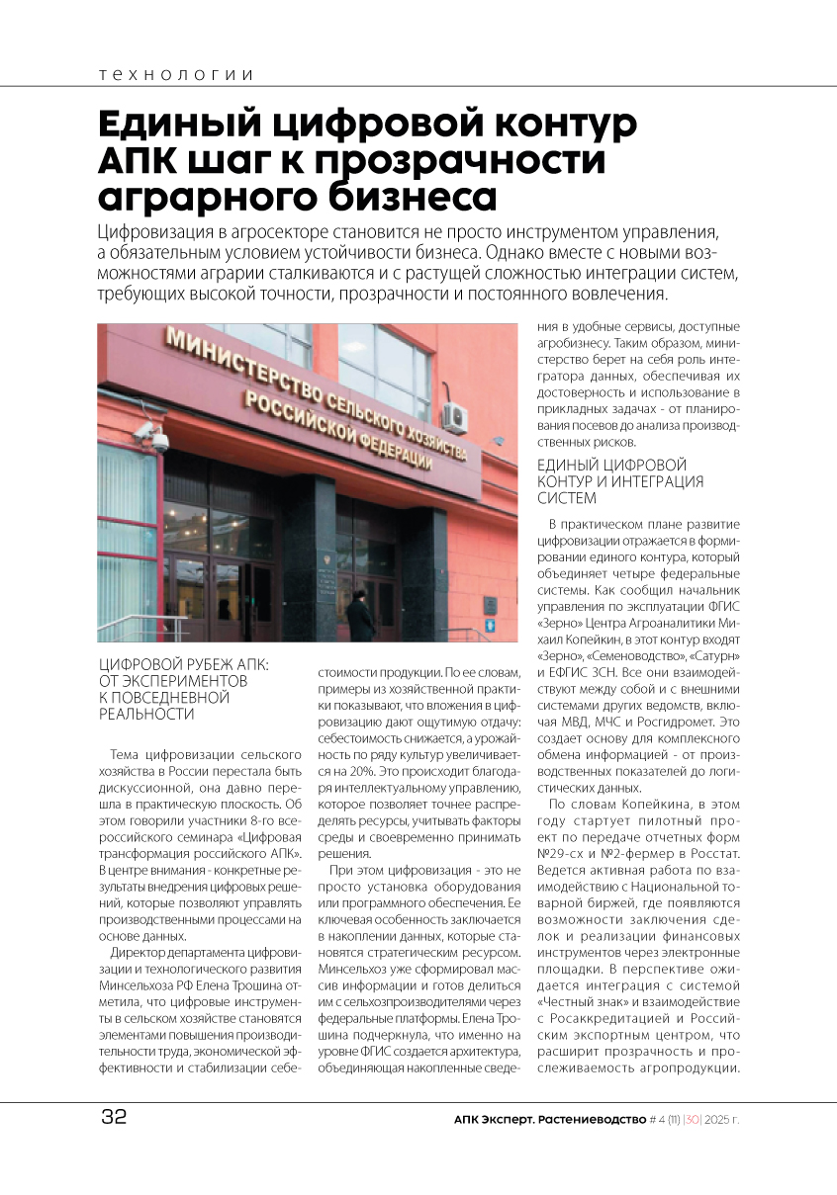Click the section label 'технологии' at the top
(x=176, y=75)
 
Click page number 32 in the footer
(x=114, y=1118)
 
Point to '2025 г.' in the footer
(x=719, y=1120)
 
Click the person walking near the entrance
(x=359, y=615)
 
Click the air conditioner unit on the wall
(x=455, y=416)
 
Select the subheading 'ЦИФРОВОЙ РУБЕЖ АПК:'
(x=185, y=665)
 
